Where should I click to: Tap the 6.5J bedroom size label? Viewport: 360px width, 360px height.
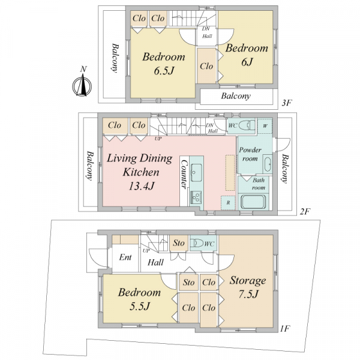click(x=164, y=71)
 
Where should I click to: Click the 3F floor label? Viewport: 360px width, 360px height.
click(x=287, y=103)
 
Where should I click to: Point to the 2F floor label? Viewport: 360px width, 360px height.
click(x=305, y=211)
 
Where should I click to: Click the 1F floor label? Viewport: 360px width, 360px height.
click(x=285, y=329)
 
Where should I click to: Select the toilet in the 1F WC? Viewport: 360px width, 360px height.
click(x=197, y=242)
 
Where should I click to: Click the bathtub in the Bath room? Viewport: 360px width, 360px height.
click(x=253, y=202)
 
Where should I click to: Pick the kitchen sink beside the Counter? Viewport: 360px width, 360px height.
click(x=196, y=173)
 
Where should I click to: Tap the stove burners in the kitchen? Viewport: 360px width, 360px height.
click(x=196, y=197)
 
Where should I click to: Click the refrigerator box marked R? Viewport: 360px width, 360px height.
click(x=228, y=203)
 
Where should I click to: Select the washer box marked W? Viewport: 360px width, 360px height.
click(x=265, y=126)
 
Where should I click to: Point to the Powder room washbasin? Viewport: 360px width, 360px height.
click(x=267, y=163)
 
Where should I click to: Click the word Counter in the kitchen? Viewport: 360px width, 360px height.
click(x=184, y=174)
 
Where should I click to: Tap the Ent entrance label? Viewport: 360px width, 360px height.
click(x=125, y=257)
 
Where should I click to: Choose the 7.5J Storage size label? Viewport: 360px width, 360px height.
click(x=248, y=294)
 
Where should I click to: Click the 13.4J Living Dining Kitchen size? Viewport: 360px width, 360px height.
click(x=141, y=186)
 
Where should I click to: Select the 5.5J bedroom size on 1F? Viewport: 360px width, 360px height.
click(x=140, y=306)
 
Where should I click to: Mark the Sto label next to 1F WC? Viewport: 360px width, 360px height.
click(x=179, y=242)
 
